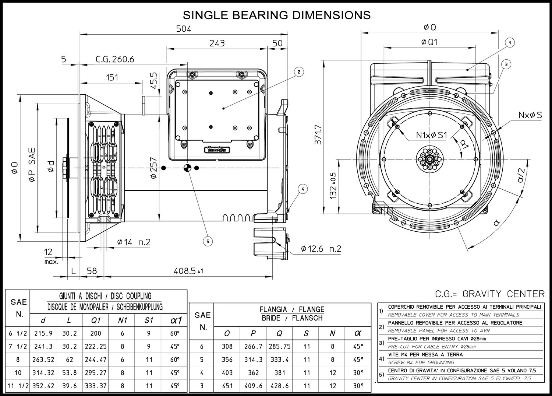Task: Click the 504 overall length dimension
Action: (184, 29)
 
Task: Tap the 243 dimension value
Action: (217, 43)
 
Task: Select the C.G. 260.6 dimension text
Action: (115, 59)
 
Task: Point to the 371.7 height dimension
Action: (318, 134)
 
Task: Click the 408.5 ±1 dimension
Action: (188, 271)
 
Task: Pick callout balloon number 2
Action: (299, 72)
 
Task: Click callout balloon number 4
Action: (303, 189)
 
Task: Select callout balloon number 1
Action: (510, 43)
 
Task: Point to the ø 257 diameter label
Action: (153, 168)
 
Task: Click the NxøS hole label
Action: (530, 115)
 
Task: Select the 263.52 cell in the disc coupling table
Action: (43, 360)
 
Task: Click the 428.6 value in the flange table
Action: (279, 386)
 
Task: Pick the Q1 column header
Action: (96, 320)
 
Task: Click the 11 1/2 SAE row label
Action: (18, 386)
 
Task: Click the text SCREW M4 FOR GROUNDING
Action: (421, 362)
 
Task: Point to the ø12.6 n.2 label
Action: (321, 249)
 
